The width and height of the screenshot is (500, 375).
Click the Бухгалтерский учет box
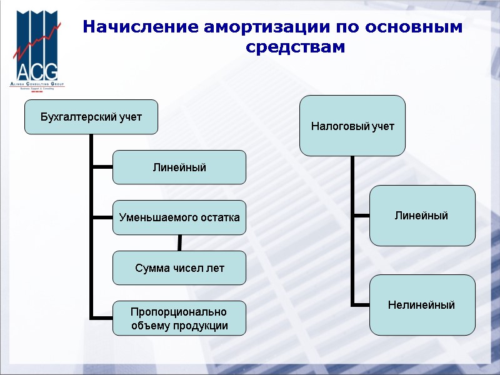tap(91, 117)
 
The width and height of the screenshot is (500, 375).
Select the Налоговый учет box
tap(352, 126)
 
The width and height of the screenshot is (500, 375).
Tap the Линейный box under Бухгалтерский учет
tap(179, 167)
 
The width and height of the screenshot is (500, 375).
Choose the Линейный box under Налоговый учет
tap(422, 216)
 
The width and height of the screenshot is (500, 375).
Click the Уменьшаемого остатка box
tap(179, 217)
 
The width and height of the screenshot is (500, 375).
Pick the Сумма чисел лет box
tap(179, 267)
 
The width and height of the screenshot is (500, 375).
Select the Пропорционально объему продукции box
tap(179, 318)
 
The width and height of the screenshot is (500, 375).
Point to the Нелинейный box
tap(422, 305)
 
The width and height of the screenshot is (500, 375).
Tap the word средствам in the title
tap(295, 47)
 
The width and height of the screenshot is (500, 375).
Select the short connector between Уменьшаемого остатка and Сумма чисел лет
tap(180, 242)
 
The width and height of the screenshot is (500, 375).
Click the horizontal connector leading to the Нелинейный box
tap(361, 305)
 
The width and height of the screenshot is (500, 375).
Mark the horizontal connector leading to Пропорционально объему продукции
tap(102, 317)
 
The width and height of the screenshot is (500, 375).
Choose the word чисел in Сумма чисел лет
tap(182, 267)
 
